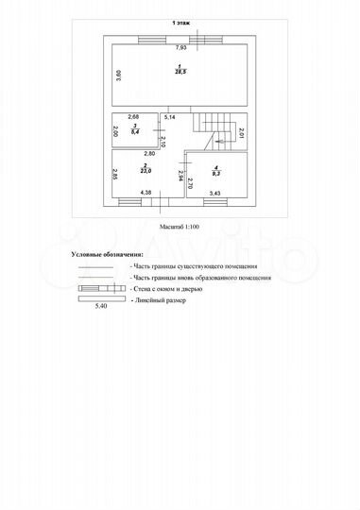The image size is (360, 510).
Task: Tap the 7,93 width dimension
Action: (180, 47)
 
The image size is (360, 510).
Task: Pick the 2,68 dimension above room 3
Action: (134, 115)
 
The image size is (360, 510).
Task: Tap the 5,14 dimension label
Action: (169, 115)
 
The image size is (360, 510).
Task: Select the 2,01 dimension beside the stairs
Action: (241, 133)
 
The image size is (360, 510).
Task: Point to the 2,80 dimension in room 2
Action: (149, 153)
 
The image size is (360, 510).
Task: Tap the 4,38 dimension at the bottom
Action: (146, 194)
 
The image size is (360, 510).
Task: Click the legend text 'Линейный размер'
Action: (161, 301)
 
